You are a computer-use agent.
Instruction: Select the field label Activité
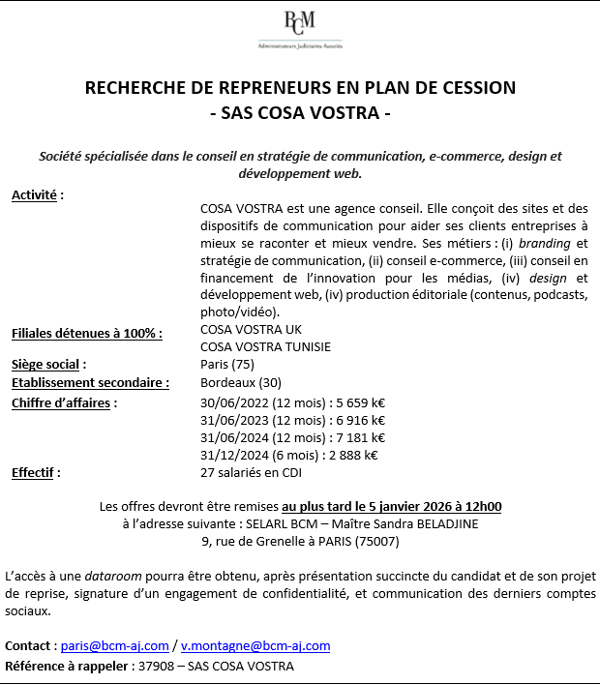click(37, 195)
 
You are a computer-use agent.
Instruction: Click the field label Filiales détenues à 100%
click(86, 334)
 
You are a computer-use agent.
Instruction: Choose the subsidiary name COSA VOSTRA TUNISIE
click(265, 346)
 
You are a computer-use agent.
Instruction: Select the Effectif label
click(36, 473)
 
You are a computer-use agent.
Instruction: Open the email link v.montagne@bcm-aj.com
click(255, 645)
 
